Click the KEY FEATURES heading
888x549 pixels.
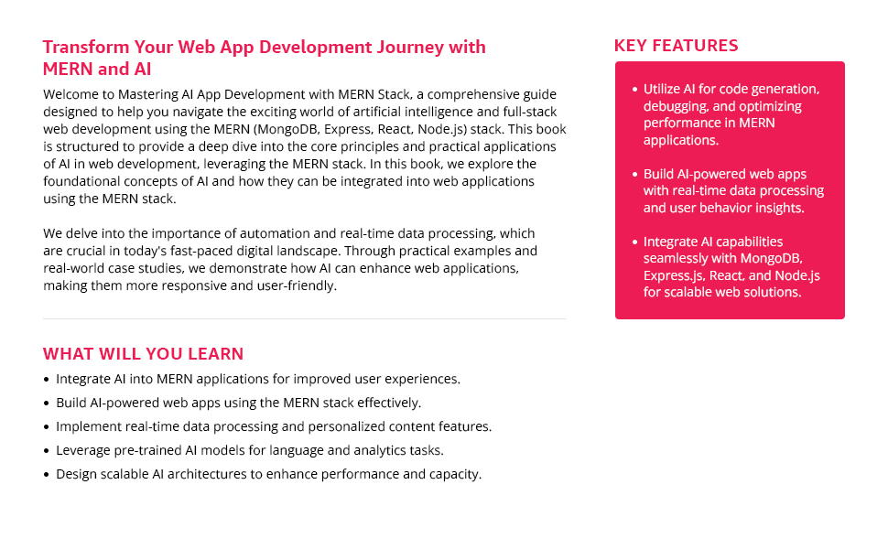coord(676,46)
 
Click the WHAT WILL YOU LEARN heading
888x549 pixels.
coord(143,354)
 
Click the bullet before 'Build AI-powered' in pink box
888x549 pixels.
coord(634,174)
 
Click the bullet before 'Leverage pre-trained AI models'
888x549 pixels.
coord(47,451)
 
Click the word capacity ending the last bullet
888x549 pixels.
coord(454,474)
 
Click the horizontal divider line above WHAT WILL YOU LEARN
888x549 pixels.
coord(304,318)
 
